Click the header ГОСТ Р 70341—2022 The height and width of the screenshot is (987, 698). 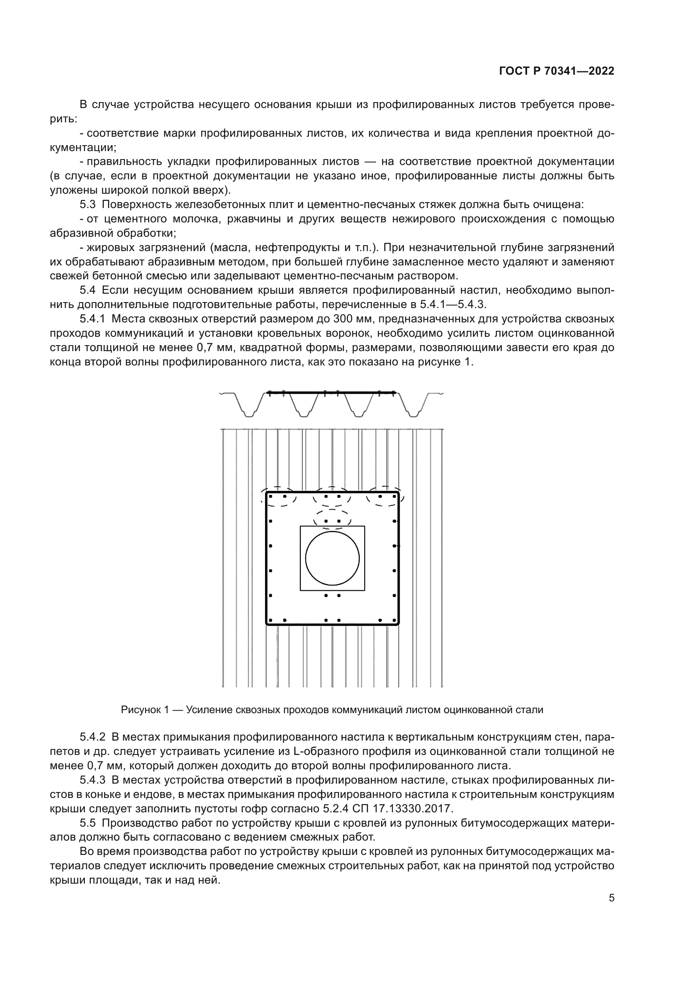pos(557,71)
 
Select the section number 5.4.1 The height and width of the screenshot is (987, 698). pos(92,319)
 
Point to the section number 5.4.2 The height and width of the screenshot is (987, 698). pos(92,737)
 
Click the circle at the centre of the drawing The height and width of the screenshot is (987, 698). pos(332,558)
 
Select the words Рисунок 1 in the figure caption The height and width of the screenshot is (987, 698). pos(145,710)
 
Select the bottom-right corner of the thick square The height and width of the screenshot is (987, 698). pos(398,624)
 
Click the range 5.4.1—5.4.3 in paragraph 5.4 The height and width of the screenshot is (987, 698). pos(452,304)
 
